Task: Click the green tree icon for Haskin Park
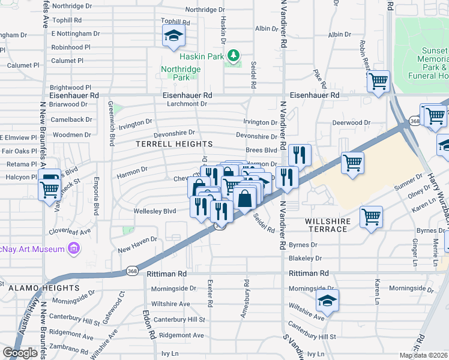[234, 56]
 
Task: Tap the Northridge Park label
[181, 73]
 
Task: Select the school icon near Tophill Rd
[173, 37]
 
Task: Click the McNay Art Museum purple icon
[73, 248]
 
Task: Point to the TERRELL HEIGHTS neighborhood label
[174, 145]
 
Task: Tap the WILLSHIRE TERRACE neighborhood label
[334, 221]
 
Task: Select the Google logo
[20, 353]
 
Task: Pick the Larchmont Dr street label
[185, 104]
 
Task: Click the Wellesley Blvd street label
[155, 211]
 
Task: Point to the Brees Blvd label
[261, 151]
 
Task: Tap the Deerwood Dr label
[351, 123]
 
